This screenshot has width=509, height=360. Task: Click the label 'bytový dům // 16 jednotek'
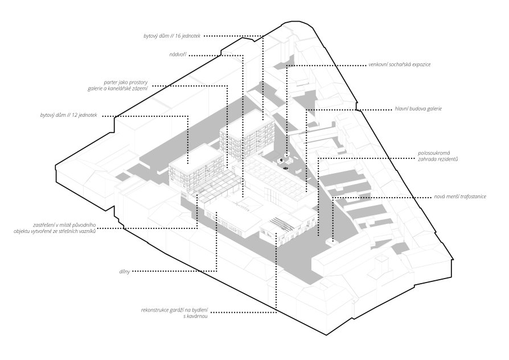tap(172, 36)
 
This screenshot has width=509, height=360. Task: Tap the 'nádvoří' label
tap(178, 55)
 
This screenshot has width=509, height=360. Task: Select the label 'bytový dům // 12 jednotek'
tap(69, 115)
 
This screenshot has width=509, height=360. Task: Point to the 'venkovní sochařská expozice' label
tap(400, 64)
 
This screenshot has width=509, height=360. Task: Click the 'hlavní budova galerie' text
tap(418, 109)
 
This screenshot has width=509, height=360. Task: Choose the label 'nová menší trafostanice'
tap(460, 197)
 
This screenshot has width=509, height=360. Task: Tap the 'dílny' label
tap(124, 272)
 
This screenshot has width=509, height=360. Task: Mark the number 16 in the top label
tap(178, 36)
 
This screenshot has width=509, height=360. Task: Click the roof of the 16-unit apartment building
tap(247, 121)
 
